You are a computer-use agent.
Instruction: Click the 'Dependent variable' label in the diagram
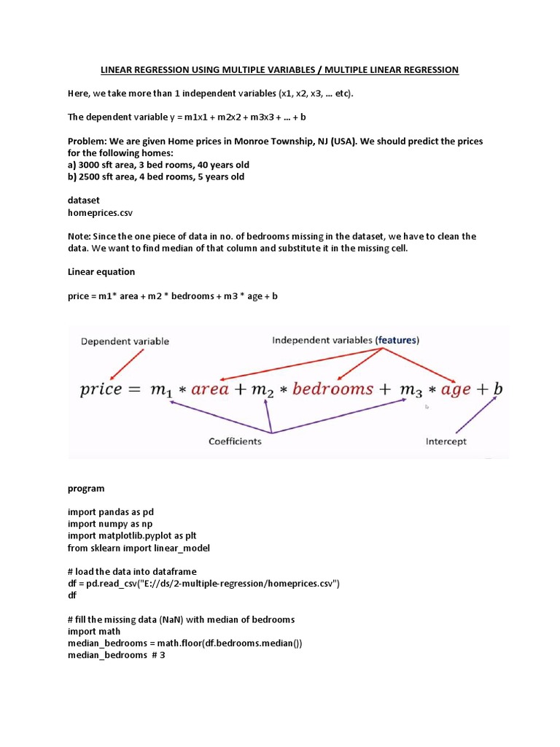pos(124,341)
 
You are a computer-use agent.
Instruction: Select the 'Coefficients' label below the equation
pos(235,441)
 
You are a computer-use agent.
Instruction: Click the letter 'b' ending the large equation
pos(498,388)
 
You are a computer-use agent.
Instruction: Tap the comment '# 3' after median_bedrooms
pos(158,654)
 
